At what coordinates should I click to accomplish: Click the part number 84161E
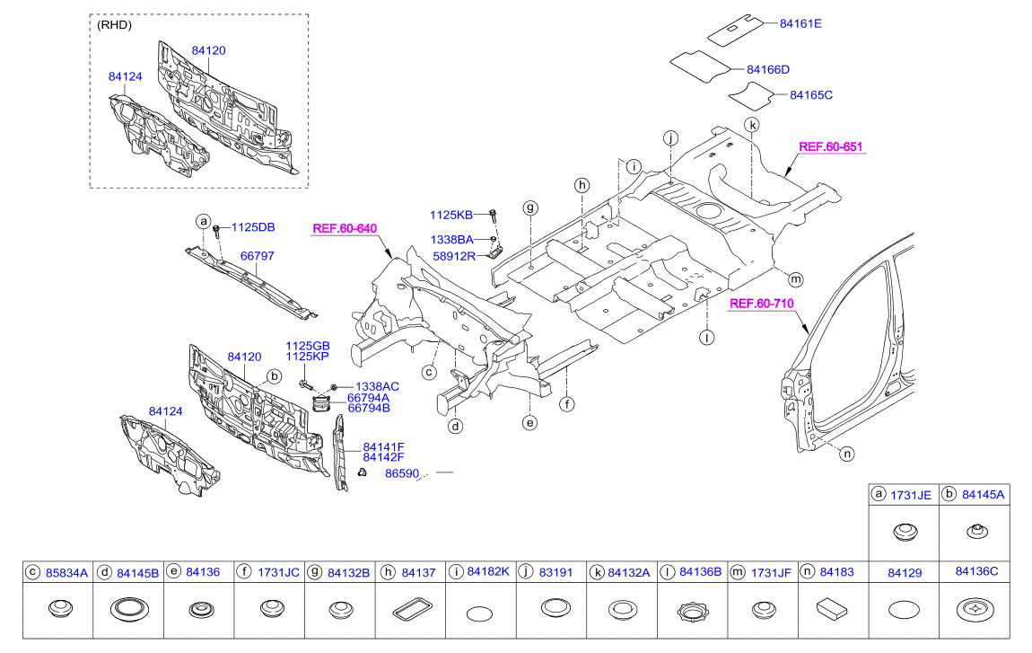(x=799, y=24)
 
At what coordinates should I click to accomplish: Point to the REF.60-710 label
(x=761, y=304)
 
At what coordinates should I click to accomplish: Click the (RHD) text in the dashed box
(x=114, y=25)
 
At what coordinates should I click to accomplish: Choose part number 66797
(x=257, y=256)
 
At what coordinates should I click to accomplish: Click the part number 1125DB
(x=255, y=227)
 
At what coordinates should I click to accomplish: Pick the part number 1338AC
(x=377, y=386)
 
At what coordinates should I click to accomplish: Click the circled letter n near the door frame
(x=846, y=454)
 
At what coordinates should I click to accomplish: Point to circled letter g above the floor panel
(x=531, y=207)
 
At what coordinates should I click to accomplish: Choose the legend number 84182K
(x=488, y=571)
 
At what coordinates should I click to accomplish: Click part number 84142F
(x=383, y=457)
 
